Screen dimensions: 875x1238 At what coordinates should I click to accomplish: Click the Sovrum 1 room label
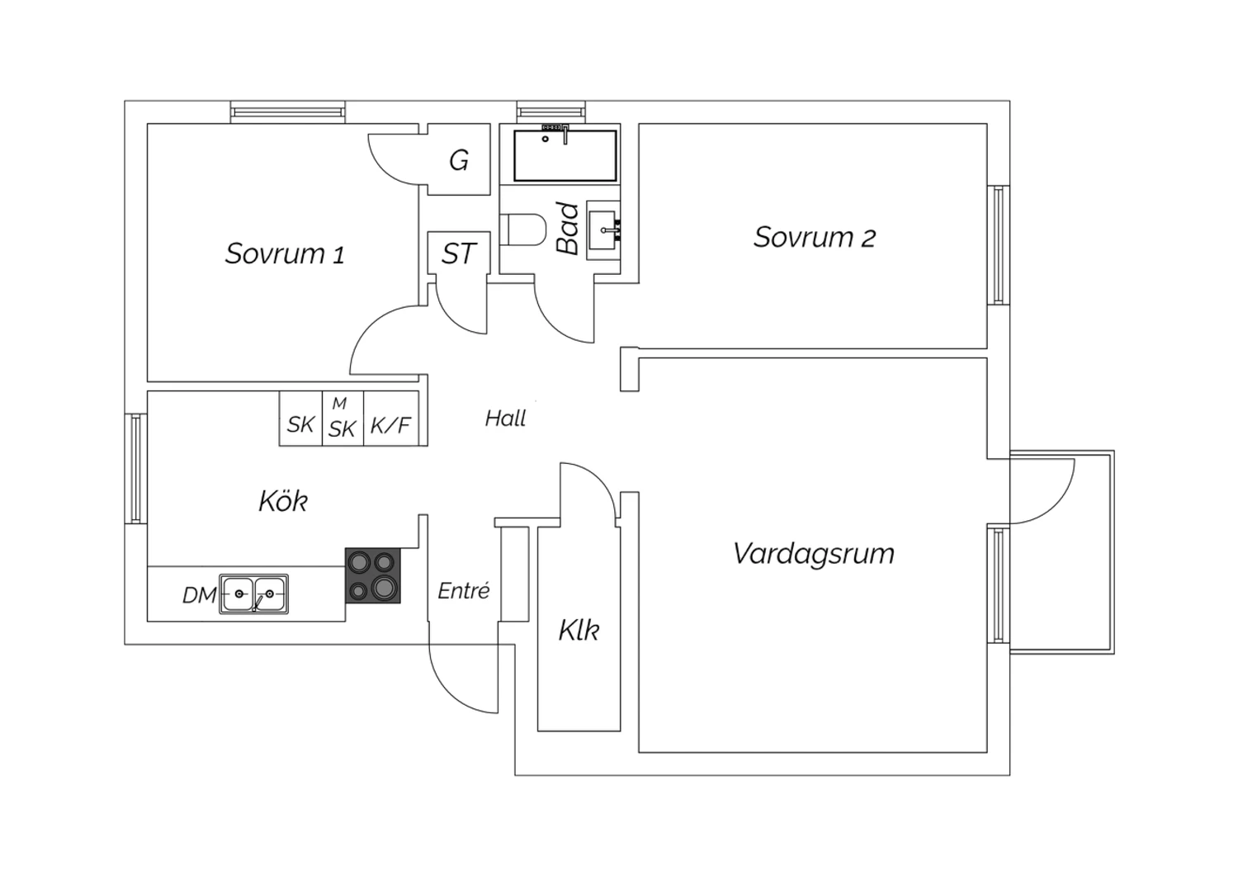pyautogui.click(x=285, y=253)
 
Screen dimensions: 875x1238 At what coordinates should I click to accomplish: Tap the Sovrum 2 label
pyautogui.click(x=814, y=238)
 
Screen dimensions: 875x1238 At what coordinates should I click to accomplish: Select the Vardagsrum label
pyautogui.click(x=813, y=553)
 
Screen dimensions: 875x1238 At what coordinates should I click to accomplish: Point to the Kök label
pyautogui.click(x=283, y=501)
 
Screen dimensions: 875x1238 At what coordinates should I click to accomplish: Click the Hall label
pyautogui.click(x=505, y=419)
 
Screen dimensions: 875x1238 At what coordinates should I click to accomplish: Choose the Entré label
pyautogui.click(x=464, y=591)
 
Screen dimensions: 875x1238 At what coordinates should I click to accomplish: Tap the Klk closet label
pyautogui.click(x=579, y=631)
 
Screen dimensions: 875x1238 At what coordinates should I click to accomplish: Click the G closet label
pyautogui.click(x=459, y=160)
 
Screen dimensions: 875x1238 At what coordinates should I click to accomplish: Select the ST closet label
pyautogui.click(x=459, y=254)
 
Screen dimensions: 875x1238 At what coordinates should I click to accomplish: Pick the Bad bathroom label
pyautogui.click(x=568, y=229)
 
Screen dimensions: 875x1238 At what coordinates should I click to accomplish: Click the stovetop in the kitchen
pyautogui.click(x=372, y=575)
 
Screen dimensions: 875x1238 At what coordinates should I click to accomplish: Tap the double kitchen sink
pyautogui.click(x=254, y=594)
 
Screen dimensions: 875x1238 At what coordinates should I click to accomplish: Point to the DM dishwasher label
pyautogui.click(x=200, y=595)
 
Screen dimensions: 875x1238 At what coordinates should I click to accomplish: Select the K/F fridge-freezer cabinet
pyautogui.click(x=390, y=426)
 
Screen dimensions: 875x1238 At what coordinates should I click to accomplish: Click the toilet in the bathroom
pyautogui.click(x=523, y=229)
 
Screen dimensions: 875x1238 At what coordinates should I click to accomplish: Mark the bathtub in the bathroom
pyautogui.click(x=565, y=155)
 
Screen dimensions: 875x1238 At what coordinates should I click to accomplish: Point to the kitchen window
pyautogui.click(x=135, y=468)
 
